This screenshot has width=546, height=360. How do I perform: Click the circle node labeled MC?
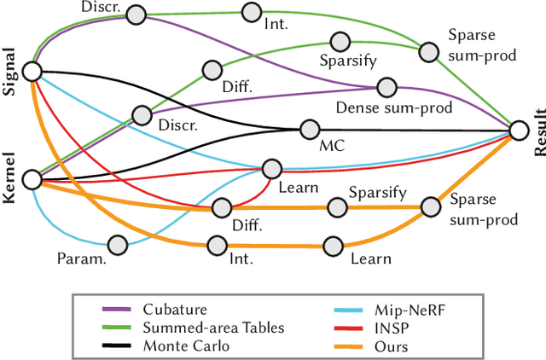(x=309, y=130)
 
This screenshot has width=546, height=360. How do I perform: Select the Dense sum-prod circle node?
(x=386, y=87)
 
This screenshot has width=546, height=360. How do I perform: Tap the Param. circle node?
(x=117, y=245)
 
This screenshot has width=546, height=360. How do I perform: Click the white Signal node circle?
(x=32, y=71)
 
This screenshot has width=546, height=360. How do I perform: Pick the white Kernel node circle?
(x=32, y=179)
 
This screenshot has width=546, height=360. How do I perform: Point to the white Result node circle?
(x=520, y=130)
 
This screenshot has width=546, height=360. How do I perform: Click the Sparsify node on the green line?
(x=340, y=41)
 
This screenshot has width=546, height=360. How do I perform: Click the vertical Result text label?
(x=538, y=131)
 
